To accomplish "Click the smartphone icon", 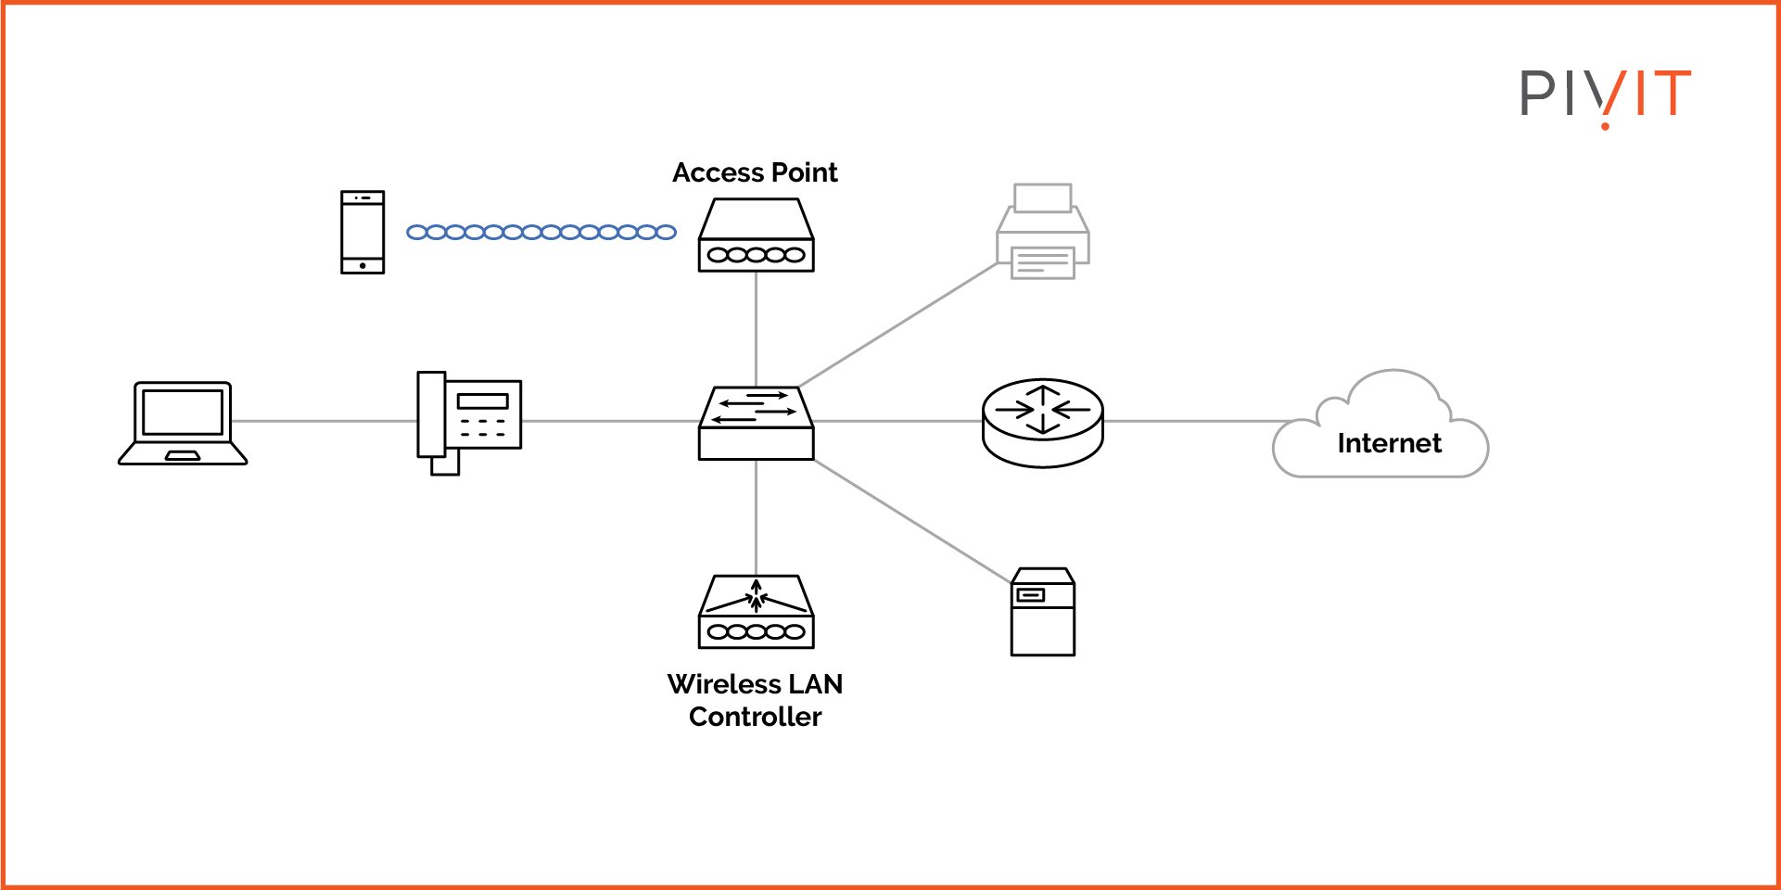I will click(362, 232).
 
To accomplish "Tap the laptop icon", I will click(183, 423).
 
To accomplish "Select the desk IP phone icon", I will click(470, 422).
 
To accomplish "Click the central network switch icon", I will click(756, 424).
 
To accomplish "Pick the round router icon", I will click(1042, 422).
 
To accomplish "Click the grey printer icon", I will click(1042, 232).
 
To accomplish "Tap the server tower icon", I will click(1042, 612).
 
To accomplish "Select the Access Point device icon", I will click(756, 235).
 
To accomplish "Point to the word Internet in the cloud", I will click(1389, 443).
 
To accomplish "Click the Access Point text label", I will click(755, 172).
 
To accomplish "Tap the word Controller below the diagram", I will click(755, 717).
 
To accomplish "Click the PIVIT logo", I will click(1605, 95).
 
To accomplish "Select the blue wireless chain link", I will click(541, 232).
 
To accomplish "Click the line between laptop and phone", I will click(324, 421).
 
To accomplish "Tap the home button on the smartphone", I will click(363, 266).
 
